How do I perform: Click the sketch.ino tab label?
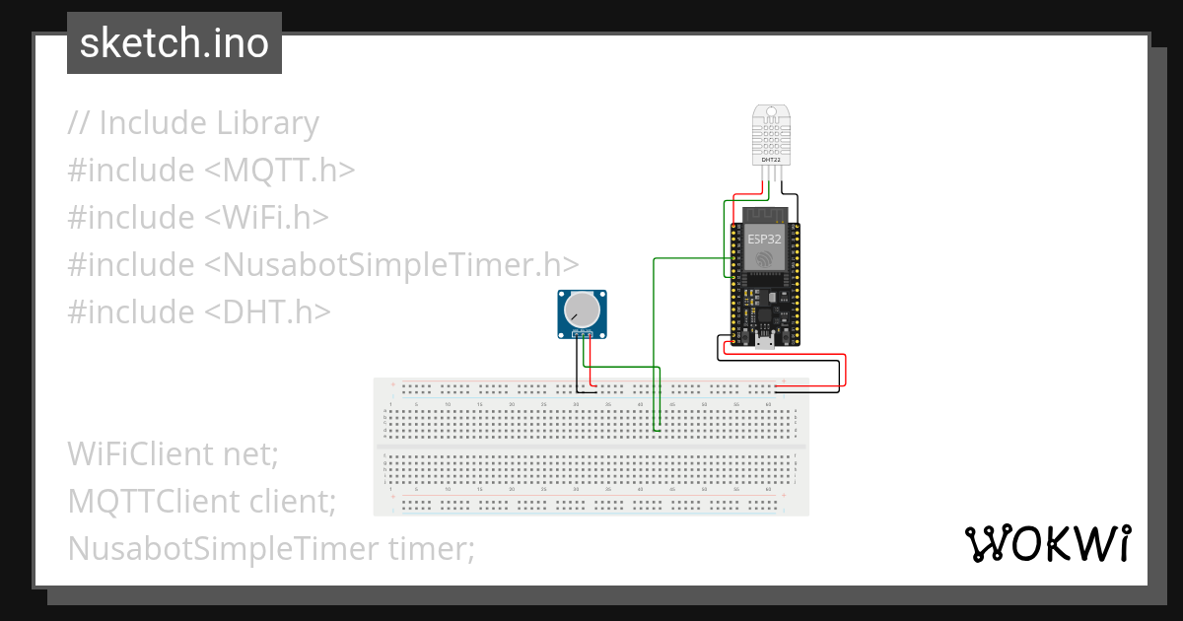(x=174, y=43)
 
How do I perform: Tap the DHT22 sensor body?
(x=772, y=128)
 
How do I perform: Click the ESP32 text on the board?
(x=765, y=238)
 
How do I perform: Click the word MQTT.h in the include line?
(x=279, y=170)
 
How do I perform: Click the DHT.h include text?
(x=266, y=311)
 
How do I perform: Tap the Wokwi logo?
(x=1048, y=543)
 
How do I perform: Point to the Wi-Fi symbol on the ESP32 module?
(x=765, y=259)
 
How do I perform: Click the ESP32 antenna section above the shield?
(x=765, y=214)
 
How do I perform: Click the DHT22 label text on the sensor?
(x=771, y=158)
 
